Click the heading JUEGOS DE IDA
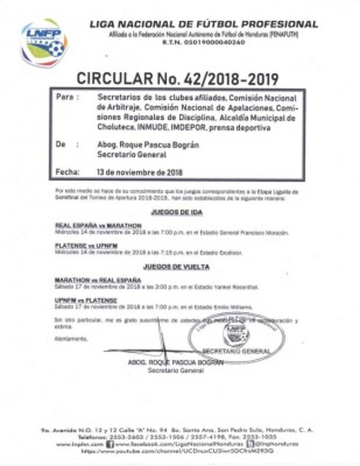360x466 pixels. pos(177,212)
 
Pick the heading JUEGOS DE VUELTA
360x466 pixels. pos(177,267)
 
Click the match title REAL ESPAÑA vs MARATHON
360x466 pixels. pos(98,226)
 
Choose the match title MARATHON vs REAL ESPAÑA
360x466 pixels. pos(98,280)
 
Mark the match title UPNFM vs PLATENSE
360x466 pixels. pos(85,300)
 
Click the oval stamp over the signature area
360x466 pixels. pos(237,338)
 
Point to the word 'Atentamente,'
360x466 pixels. pos(71,339)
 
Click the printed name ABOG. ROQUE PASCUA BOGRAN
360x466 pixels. pos(175,363)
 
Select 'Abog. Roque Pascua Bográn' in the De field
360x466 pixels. pos(148,145)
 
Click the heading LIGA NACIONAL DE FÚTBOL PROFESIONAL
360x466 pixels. pos(204,24)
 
